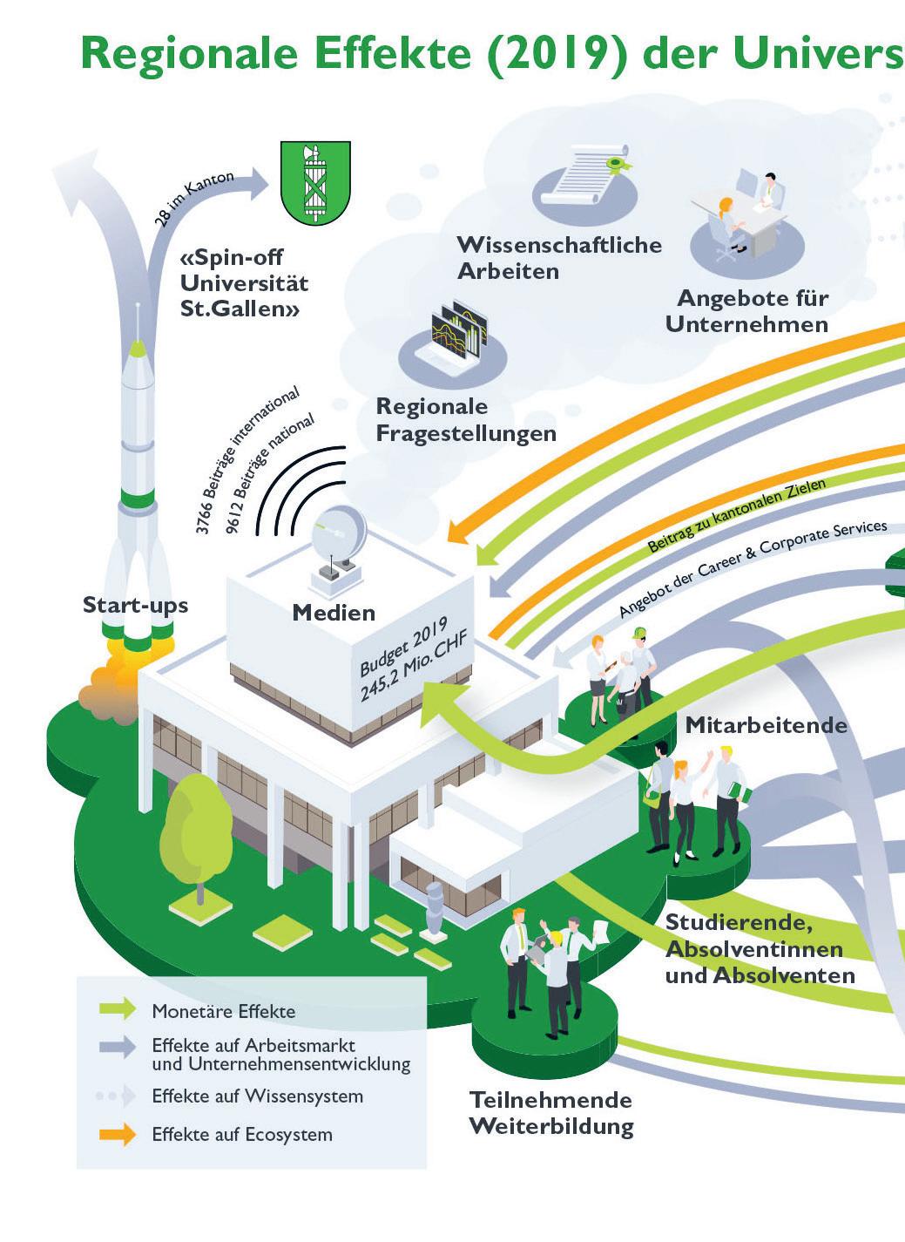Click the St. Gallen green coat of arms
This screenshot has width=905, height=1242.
click(x=315, y=182)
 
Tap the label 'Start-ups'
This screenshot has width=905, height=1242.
click(x=135, y=605)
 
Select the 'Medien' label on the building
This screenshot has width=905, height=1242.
click(x=334, y=613)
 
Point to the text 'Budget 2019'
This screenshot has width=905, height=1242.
click(x=403, y=646)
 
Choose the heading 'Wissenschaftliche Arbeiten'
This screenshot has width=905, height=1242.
click(x=558, y=257)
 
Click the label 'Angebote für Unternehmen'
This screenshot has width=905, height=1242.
click(x=748, y=311)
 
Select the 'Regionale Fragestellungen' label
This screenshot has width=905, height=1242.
click(x=465, y=420)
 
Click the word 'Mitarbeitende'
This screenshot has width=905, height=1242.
click(x=766, y=725)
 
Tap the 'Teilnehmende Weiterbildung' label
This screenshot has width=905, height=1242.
click(x=551, y=1113)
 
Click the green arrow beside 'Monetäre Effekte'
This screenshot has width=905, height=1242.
click(x=118, y=1009)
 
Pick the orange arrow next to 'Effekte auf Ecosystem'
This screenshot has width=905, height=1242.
click(x=118, y=1134)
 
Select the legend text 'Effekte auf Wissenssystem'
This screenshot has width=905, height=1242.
click(x=257, y=1096)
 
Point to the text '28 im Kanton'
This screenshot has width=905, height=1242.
click(x=193, y=199)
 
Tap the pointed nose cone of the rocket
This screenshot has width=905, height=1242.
click(x=138, y=349)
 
